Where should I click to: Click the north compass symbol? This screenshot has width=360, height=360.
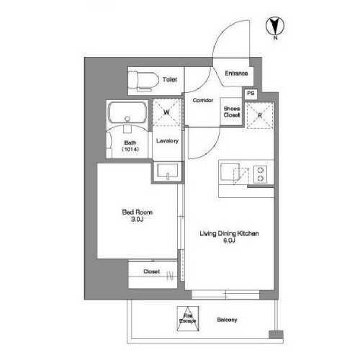click(x=275, y=26)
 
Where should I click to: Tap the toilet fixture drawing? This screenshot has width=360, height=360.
click(x=143, y=81)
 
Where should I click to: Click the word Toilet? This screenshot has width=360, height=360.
click(x=170, y=79)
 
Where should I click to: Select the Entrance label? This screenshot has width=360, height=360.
click(x=236, y=73)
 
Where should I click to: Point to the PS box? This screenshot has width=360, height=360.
click(x=251, y=94)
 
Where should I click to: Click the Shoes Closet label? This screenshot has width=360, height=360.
click(x=232, y=112)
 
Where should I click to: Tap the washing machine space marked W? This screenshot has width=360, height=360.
click(x=167, y=112)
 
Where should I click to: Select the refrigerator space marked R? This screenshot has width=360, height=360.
click(x=260, y=115)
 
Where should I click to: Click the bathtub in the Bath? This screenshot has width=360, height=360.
click(x=127, y=113)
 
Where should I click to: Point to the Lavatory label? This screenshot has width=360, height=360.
click(x=167, y=140)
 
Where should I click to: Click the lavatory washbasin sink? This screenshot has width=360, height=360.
click(x=168, y=171)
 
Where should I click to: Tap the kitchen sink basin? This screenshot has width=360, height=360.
click(x=230, y=172)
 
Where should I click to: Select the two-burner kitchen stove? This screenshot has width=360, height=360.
click(x=261, y=174)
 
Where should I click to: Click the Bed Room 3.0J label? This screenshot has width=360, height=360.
click(x=138, y=215)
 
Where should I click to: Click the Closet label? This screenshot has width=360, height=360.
click(x=151, y=271)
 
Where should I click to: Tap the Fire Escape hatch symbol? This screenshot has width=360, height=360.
click(x=188, y=318)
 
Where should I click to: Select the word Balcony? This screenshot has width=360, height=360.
click(x=227, y=320)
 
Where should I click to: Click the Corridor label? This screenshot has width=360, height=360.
click(x=203, y=100)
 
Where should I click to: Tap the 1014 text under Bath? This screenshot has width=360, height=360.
click(x=130, y=149)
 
